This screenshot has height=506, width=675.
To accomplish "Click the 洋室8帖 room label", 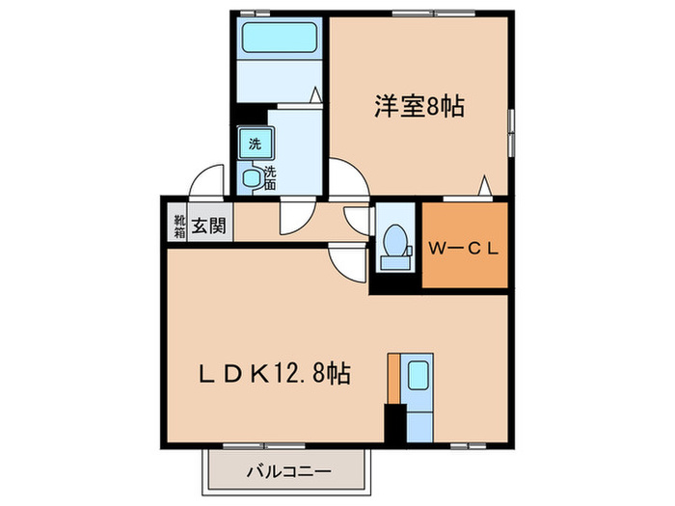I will [419, 107].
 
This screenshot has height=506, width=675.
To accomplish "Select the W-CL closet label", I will [464, 248].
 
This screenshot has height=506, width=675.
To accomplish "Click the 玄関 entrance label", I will [208, 226].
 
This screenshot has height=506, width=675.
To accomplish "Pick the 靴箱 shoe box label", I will [178, 226].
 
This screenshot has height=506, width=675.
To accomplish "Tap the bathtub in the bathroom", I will [281, 39].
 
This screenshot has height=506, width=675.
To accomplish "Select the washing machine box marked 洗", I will [255, 144].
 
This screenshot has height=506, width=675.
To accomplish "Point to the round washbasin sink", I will [252, 177].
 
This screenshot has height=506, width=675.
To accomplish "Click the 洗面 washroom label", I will [271, 178].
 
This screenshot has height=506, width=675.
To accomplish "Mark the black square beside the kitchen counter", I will [395, 422].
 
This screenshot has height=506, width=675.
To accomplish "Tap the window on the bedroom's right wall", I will [510, 131].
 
